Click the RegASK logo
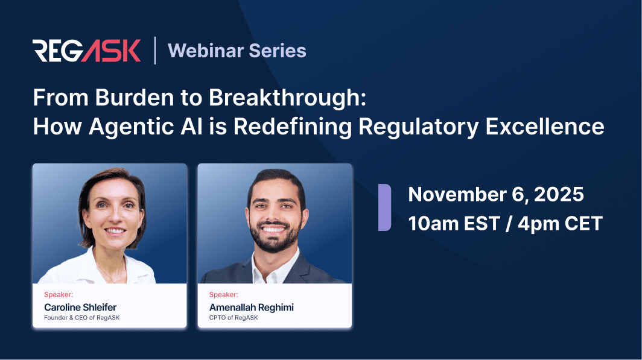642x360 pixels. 87,51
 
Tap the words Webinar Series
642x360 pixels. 237,51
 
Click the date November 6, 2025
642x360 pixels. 496,194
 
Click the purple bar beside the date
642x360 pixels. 384,207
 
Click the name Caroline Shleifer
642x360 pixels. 80,308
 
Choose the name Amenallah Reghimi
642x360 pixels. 251,308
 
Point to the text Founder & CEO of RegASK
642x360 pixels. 81,318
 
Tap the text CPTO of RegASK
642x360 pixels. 234,318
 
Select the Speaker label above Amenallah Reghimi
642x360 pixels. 223,295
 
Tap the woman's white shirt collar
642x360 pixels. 91,265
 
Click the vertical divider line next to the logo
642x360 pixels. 154,51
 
